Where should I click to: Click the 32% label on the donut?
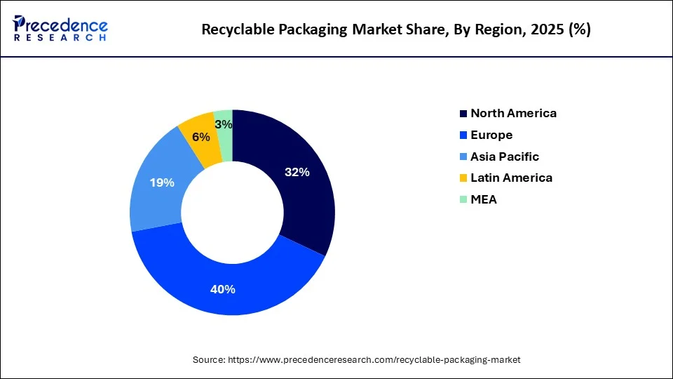(297, 172)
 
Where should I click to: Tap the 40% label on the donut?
(224, 289)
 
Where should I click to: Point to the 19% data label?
(162, 182)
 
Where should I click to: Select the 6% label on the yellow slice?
(201, 138)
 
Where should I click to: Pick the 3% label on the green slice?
(224, 124)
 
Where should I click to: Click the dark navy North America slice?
(294, 197)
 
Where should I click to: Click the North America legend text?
(513, 114)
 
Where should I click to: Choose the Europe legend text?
(491, 135)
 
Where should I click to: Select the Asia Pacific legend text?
(505, 157)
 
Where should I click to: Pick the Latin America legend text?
(511, 178)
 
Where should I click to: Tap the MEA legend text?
(484, 199)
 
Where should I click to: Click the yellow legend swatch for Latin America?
(463, 178)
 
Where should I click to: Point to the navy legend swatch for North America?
(463, 114)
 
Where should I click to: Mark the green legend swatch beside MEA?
(463, 200)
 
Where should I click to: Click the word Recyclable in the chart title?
(236, 29)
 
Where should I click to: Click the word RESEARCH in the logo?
(60, 37)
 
